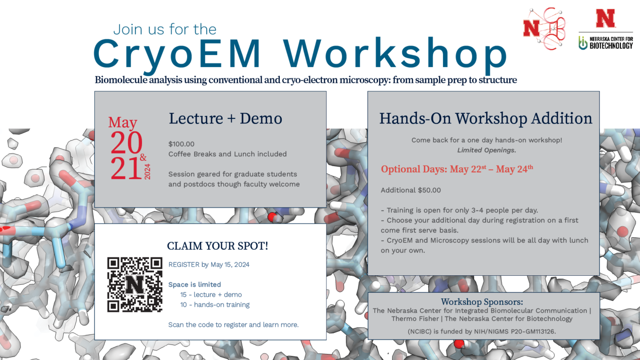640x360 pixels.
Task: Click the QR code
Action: click(x=135, y=285)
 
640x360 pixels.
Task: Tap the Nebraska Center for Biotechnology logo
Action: click(x=606, y=30)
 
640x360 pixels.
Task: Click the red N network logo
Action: click(x=544, y=29)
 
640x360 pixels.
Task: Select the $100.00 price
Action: click(x=181, y=144)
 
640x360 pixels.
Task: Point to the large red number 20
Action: click(x=126, y=142)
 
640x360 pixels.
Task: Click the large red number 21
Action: click(x=126, y=168)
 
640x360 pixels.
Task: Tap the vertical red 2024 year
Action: click(x=147, y=171)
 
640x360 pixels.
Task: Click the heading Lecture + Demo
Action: click(x=225, y=118)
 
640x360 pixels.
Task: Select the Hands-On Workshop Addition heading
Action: click(x=486, y=118)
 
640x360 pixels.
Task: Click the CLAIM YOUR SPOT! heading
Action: click(x=217, y=246)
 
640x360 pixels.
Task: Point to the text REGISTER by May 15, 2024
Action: click(x=209, y=265)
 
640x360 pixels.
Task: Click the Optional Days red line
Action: click(x=457, y=169)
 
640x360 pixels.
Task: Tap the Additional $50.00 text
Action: click(x=411, y=191)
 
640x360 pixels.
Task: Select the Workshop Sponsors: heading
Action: click(x=482, y=302)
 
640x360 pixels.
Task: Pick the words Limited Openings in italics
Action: click(x=486, y=150)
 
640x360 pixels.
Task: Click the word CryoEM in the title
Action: click(x=177, y=54)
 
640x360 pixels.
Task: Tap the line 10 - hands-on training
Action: click(x=215, y=305)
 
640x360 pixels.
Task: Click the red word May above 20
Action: click(x=122, y=122)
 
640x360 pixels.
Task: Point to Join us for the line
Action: click(x=165, y=30)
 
